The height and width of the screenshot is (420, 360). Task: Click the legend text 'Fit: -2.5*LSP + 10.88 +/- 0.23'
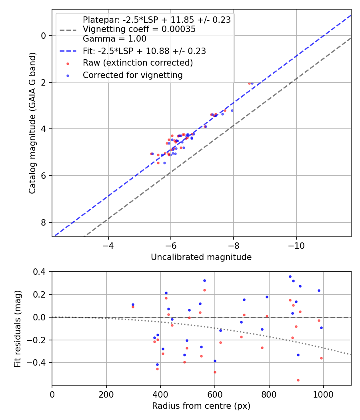144,51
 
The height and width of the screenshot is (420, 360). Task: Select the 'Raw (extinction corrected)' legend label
138,63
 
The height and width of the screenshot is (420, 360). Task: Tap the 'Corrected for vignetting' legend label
132,75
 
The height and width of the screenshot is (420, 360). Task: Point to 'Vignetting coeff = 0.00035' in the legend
139,29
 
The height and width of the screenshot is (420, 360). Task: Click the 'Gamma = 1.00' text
114,39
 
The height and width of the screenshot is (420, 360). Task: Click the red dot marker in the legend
68,63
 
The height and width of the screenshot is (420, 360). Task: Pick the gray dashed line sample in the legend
68,29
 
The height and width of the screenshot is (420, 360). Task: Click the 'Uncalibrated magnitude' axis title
201,257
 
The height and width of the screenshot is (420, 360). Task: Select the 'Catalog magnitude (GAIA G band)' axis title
33,123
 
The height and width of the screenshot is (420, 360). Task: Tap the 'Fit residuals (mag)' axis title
18,329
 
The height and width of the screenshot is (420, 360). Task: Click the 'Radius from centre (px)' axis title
201,406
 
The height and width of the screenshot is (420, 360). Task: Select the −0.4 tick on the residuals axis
39,362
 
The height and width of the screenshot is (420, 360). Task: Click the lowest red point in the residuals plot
298,380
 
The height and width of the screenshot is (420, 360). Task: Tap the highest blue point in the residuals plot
290,276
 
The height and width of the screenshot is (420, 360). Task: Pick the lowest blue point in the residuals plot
157,364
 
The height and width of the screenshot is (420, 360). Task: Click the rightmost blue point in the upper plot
252,83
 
